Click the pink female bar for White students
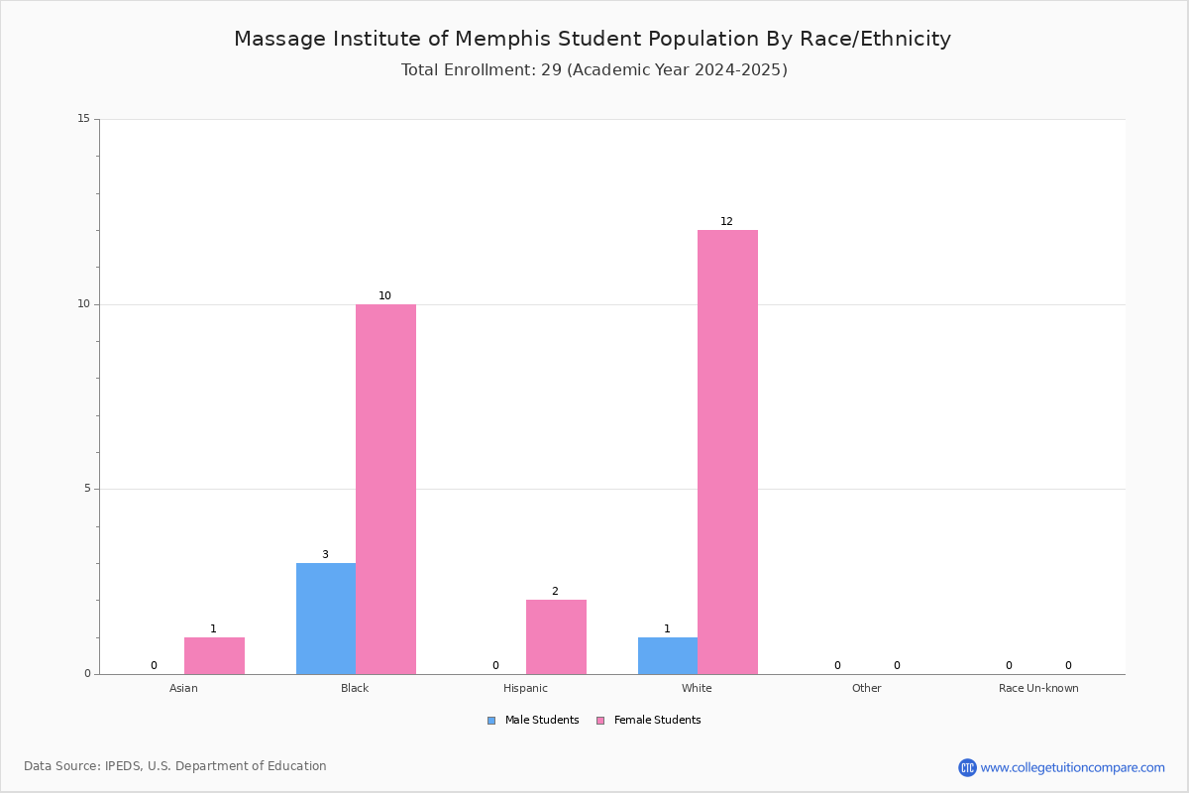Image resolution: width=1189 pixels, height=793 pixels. click(727, 452)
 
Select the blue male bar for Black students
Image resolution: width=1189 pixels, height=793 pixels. click(326, 619)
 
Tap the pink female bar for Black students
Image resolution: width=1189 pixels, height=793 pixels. click(385, 490)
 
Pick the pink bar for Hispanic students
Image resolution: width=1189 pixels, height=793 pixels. click(556, 636)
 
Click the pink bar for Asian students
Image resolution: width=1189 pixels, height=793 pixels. click(214, 656)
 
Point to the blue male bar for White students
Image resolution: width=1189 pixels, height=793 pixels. click(668, 656)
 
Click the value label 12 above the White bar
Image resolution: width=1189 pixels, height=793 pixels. click(726, 221)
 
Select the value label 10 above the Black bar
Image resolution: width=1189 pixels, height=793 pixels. click(384, 295)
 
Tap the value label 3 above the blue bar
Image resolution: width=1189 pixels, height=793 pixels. click(325, 554)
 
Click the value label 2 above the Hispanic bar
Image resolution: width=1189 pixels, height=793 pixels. click(555, 591)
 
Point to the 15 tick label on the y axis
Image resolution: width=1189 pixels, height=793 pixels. click(84, 118)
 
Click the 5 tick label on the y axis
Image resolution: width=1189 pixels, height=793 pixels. click(87, 488)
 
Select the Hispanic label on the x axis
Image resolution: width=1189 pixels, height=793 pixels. click(525, 688)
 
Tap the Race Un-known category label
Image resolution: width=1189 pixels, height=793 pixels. click(1038, 688)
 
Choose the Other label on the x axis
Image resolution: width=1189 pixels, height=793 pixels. click(866, 688)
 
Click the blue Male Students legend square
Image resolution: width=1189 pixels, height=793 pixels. click(491, 721)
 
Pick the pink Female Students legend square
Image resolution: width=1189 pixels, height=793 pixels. click(600, 721)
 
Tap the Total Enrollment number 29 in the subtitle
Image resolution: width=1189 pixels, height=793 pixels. click(551, 69)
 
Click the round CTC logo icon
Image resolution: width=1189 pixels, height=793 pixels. click(967, 767)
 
